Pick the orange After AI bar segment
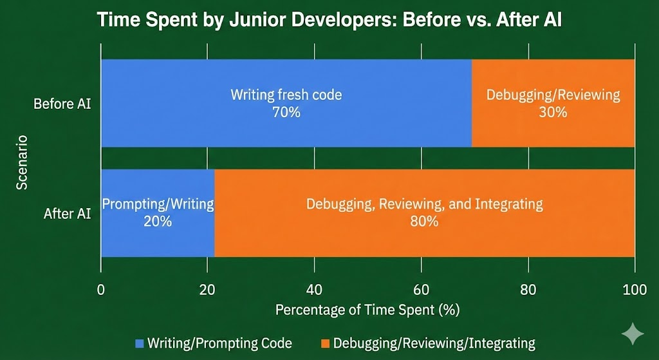click(x=425, y=242)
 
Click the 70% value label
click(x=286, y=111)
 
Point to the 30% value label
click(x=553, y=111)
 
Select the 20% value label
click(x=158, y=222)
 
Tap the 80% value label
click(x=425, y=222)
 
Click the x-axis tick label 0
click(x=101, y=290)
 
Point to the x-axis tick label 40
click(x=314, y=290)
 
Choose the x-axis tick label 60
click(x=421, y=290)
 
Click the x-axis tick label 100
click(x=634, y=290)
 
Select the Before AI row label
click(x=62, y=103)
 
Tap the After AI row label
click(x=67, y=213)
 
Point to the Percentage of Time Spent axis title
click(x=367, y=310)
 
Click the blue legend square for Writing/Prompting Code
click(x=140, y=343)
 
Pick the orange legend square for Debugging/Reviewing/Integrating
click(x=325, y=343)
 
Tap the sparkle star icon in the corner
click(x=633, y=334)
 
